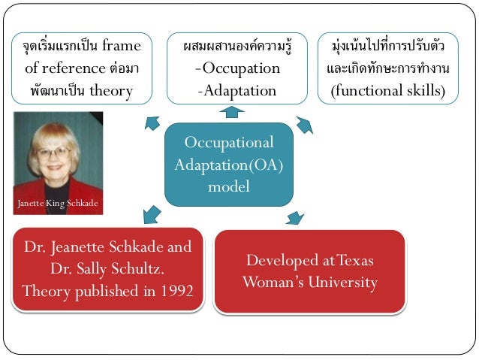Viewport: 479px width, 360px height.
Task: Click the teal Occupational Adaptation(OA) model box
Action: coord(228,164)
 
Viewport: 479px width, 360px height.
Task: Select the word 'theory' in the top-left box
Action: coord(110,91)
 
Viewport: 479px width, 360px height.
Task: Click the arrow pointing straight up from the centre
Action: coord(231,112)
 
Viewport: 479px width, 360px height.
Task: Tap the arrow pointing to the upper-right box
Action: coord(303,124)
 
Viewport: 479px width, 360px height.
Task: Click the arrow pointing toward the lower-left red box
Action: coord(151,213)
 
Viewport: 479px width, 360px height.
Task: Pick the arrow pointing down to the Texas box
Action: coord(294,218)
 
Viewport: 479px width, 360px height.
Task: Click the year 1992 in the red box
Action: coord(174,291)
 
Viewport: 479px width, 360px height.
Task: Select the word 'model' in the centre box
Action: coord(229,186)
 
